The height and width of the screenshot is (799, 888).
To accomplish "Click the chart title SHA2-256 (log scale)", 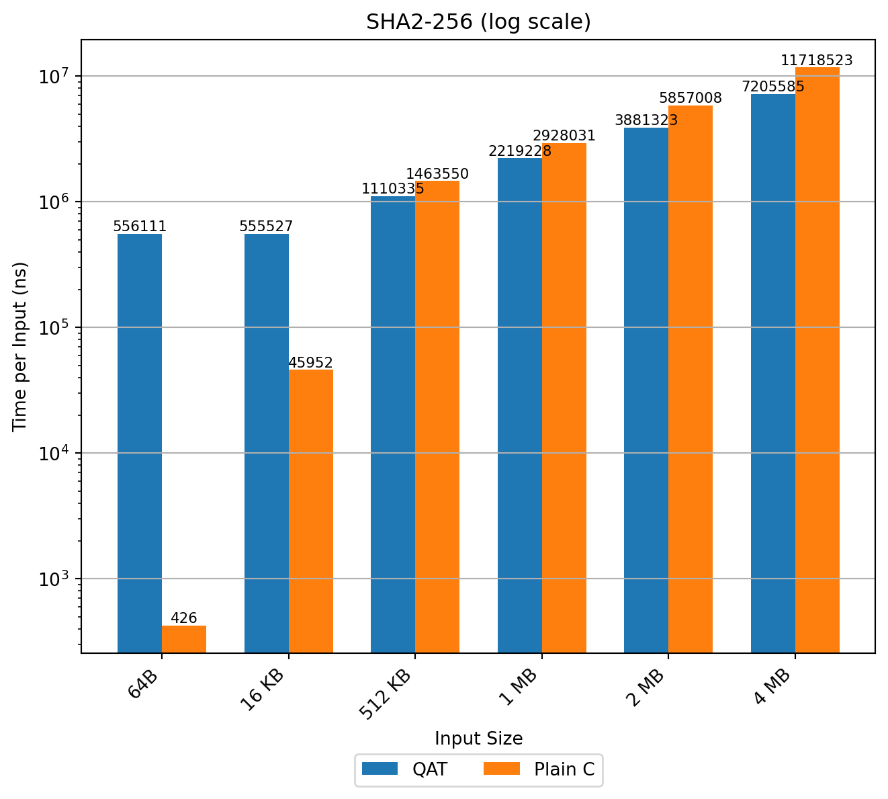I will coord(478,22).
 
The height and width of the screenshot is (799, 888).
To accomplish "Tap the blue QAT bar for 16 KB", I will coord(267,444).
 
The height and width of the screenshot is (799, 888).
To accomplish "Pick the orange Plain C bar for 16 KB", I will coord(311,511).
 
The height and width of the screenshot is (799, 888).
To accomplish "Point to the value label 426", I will coord(184,618).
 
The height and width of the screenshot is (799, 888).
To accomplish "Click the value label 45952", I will coord(311,363).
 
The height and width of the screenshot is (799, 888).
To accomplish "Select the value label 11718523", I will coord(817,60).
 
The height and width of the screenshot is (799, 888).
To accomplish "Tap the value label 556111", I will coord(140,226).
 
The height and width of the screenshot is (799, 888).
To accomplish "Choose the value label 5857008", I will coord(691,98).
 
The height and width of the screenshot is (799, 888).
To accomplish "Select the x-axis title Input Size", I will coord(478,739).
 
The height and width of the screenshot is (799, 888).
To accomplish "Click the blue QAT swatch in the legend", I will coord(380,769).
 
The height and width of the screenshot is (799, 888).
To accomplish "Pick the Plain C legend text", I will coord(564,769).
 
